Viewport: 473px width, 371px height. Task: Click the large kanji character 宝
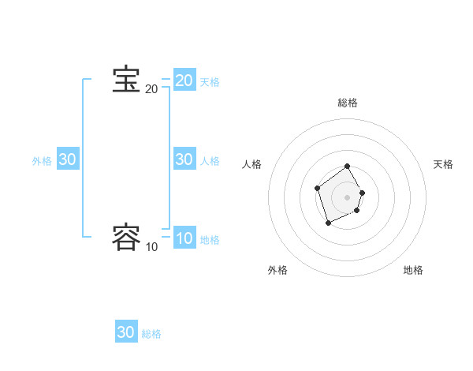tap(126, 81)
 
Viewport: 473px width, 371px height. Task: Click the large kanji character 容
tap(126, 238)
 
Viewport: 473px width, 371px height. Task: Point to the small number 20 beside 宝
tap(151, 89)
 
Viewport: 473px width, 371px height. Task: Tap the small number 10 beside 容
tap(151, 247)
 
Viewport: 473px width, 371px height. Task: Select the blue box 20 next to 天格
tap(184, 81)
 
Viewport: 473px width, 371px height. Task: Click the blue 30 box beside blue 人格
tap(184, 159)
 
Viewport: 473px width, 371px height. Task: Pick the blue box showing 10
tap(184, 238)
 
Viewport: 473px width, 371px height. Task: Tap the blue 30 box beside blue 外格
tap(67, 159)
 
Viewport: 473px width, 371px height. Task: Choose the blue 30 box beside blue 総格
tap(126, 332)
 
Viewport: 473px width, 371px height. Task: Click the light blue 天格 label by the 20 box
tap(210, 82)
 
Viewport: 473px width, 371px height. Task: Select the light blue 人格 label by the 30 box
tap(210, 161)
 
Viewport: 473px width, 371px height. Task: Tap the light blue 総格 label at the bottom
tap(151, 334)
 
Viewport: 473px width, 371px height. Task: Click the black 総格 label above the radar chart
tap(348, 103)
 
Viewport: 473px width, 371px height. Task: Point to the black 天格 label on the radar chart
tap(443, 164)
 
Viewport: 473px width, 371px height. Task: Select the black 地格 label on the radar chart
tap(413, 270)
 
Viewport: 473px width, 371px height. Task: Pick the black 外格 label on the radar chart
tap(277, 270)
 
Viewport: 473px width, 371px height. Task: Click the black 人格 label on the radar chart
tap(252, 164)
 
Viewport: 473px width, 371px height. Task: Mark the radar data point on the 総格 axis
tap(348, 167)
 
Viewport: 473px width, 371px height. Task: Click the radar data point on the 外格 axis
tap(329, 223)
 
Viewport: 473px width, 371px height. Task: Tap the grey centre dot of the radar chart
tap(348, 197)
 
